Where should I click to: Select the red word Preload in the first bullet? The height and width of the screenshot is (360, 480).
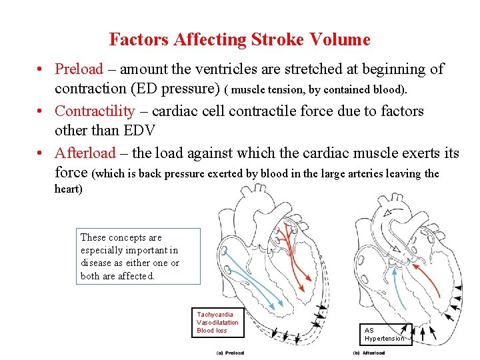79,69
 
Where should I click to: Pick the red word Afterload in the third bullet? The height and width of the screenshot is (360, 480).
85,153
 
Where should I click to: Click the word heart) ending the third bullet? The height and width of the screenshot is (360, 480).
68,189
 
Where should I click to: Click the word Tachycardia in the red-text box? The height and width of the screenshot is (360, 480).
215,314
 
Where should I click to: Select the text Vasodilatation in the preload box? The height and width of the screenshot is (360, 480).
217,322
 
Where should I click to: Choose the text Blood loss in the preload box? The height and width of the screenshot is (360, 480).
211,330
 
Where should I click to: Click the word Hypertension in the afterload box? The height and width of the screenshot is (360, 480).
385,339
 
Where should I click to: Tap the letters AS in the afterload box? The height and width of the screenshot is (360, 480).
369,330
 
